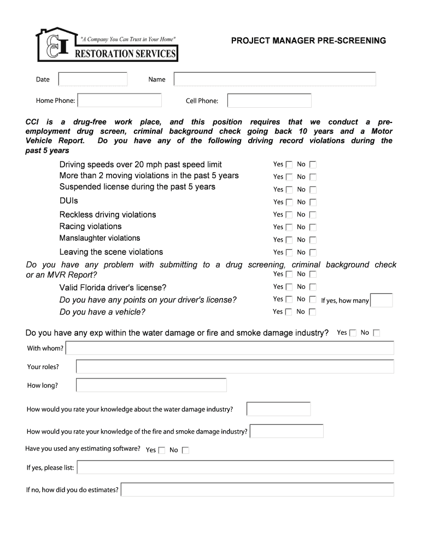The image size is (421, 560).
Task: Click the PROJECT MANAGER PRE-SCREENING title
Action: [308, 40]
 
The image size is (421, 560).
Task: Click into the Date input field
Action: [92, 79]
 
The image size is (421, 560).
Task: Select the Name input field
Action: [274, 79]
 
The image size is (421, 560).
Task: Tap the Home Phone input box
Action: [119, 101]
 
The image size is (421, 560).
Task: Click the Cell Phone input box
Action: [269, 101]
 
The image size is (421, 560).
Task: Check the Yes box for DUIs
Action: [289, 202]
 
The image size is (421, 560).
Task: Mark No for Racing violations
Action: [313, 227]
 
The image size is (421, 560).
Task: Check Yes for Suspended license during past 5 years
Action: [289, 190]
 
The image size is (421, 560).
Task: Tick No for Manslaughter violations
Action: [313, 240]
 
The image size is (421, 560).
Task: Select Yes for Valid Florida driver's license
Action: [289, 287]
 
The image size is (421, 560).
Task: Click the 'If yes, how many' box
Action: [382, 300]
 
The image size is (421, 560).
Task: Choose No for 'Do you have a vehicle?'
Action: [313, 312]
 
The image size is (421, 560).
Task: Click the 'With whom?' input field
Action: [230, 348]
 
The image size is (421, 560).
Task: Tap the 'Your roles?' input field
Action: [235, 366]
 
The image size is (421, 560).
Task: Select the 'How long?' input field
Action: [151, 386]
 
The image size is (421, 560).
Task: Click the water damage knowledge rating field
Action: [278, 409]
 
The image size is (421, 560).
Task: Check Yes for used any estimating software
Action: [162, 451]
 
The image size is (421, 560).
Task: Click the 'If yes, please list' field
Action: [235, 468]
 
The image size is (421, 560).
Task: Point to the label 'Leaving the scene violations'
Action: [111, 252]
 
